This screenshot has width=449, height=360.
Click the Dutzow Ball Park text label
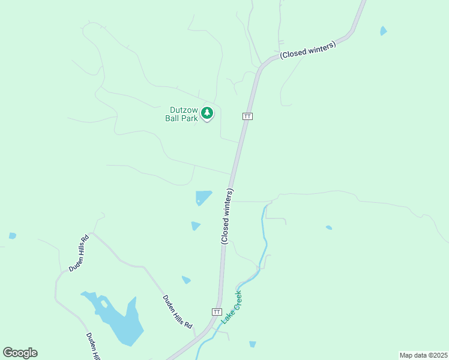[x=181, y=114]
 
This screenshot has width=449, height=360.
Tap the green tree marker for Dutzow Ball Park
[x=207, y=112]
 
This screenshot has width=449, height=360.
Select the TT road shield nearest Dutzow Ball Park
[x=247, y=116]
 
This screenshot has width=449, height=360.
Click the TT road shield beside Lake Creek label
[x=217, y=312]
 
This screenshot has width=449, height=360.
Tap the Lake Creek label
[x=231, y=307]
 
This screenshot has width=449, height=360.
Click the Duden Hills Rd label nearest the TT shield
[x=178, y=311]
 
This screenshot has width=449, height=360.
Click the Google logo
[x=20, y=353]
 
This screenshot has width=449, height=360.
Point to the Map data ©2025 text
[x=423, y=355]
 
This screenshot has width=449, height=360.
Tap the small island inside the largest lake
[x=104, y=304]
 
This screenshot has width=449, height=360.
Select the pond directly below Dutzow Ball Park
[x=203, y=197]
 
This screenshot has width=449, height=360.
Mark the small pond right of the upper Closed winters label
[x=383, y=31]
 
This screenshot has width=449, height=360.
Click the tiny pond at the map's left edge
[x=12, y=236]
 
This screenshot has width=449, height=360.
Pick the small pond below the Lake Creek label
[x=252, y=344]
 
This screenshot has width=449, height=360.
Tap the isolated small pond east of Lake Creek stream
[x=328, y=227]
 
